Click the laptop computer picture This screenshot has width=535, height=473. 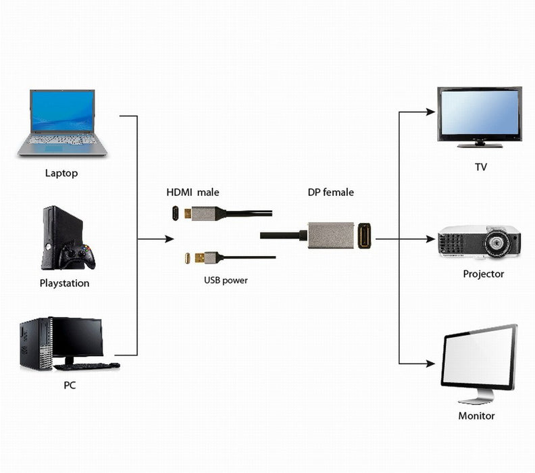tap(63, 122)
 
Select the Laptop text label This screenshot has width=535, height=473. tap(61, 173)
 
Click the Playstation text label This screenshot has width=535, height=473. tap(64, 283)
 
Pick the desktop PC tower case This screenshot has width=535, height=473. tap(35, 343)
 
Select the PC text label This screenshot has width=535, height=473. tap(70, 385)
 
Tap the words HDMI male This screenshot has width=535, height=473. tap(193, 193)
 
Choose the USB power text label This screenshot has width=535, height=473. tap(226, 280)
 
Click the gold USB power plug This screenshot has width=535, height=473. tap(196, 257)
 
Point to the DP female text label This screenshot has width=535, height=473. tap(330, 193)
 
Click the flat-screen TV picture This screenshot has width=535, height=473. tap(479, 115)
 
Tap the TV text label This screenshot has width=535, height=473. tap(480, 167)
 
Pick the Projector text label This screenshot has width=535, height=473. tap(483, 274)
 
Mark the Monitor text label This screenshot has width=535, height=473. tap(477, 416)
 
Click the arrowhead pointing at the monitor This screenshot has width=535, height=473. tap(430, 364)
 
